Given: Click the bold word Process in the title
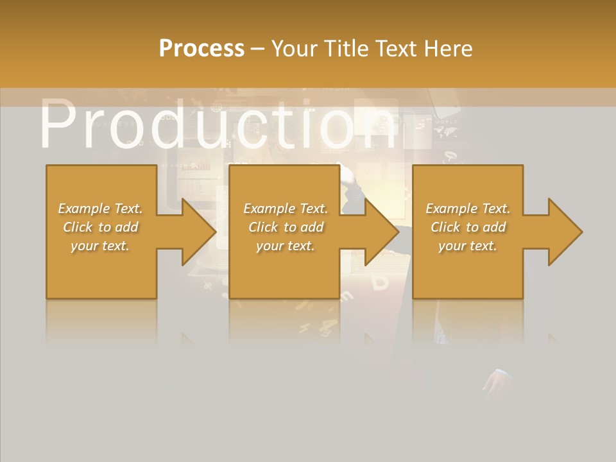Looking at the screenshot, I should pyautogui.click(x=201, y=49).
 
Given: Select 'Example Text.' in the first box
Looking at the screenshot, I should pyautogui.click(x=100, y=209).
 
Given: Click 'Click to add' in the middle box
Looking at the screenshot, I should pyautogui.click(x=286, y=227).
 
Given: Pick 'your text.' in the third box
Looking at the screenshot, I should pyautogui.click(x=468, y=246).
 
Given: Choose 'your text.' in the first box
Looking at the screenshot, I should pyautogui.click(x=100, y=246).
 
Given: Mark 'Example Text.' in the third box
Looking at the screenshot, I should pyautogui.click(x=468, y=209).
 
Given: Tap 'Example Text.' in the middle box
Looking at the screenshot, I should pyautogui.click(x=286, y=209).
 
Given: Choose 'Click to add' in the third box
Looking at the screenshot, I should pyautogui.click(x=468, y=227).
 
